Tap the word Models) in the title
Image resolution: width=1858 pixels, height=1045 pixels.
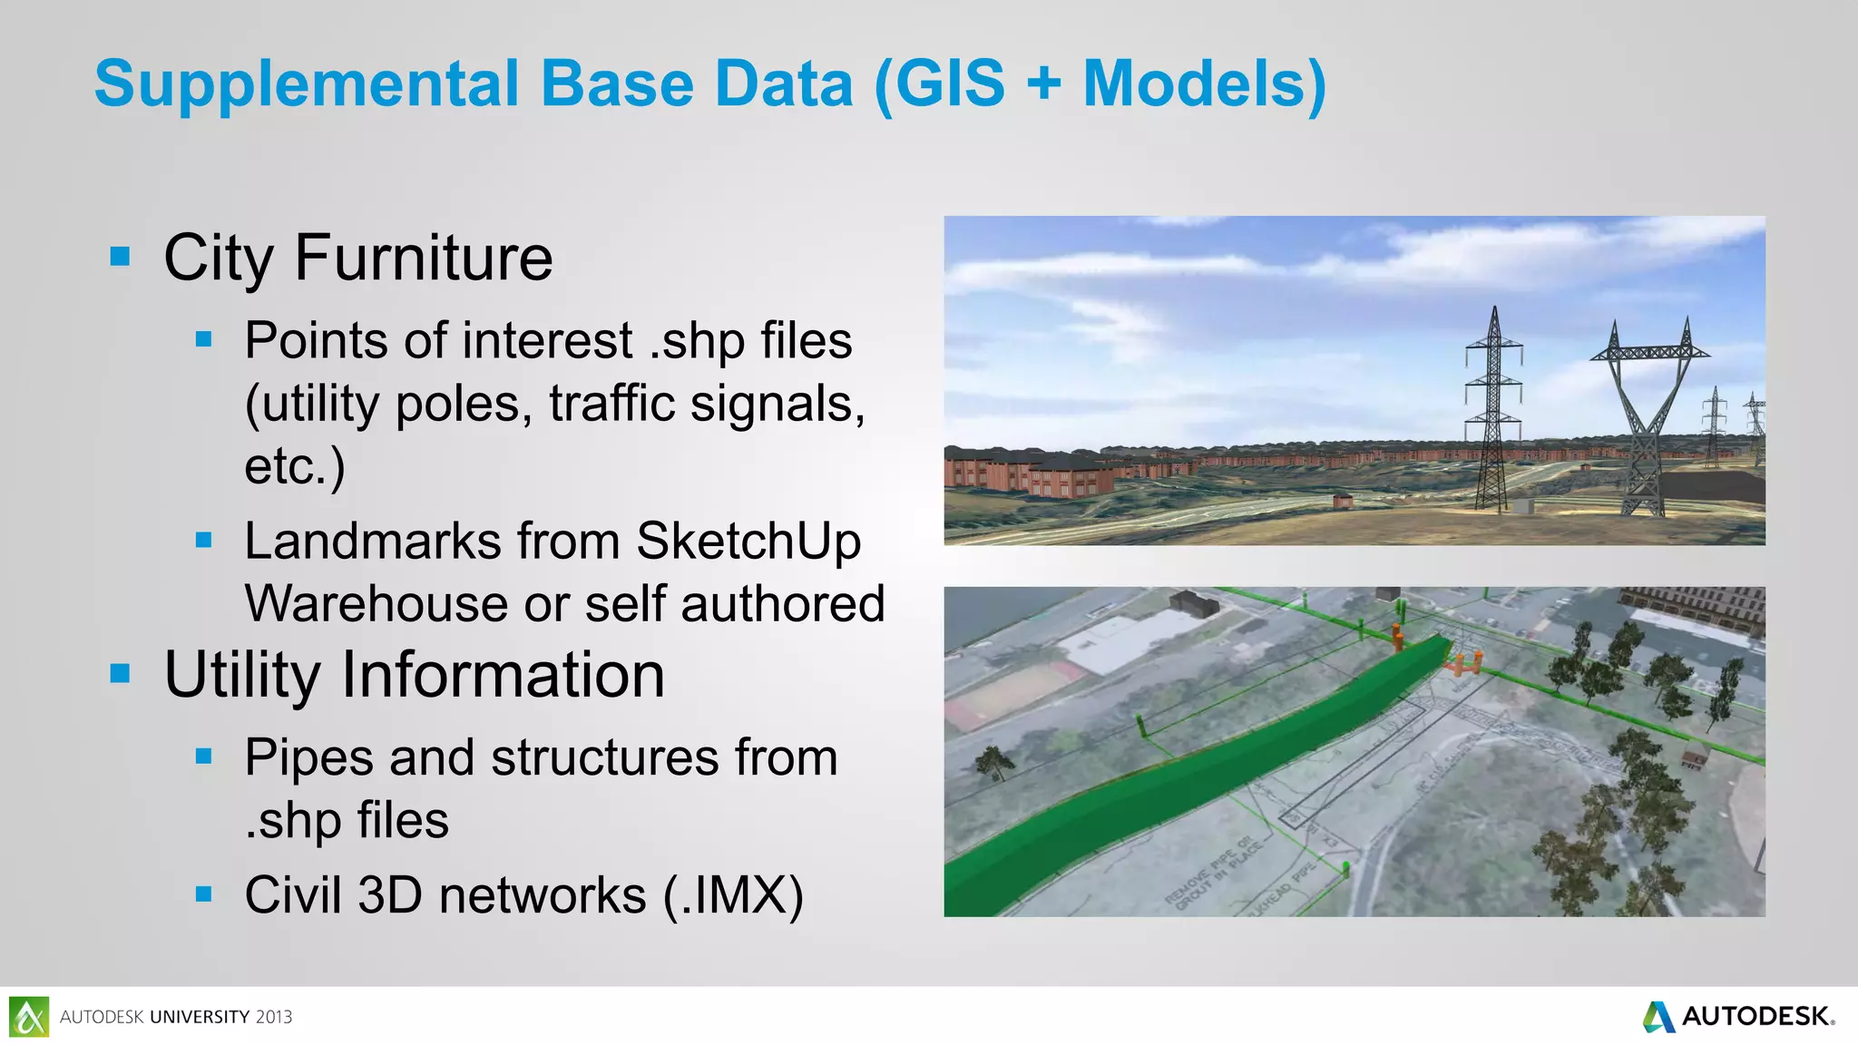click(x=1205, y=84)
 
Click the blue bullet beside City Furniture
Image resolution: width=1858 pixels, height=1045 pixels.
click(x=120, y=257)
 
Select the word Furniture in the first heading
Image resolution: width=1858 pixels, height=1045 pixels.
click(x=423, y=258)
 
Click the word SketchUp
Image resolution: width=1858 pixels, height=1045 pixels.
click(x=748, y=542)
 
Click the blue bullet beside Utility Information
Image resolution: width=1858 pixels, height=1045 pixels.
click(x=120, y=674)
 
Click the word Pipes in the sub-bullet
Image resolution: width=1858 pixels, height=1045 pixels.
click(x=308, y=757)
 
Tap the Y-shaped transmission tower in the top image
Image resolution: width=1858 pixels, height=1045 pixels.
click(x=1648, y=417)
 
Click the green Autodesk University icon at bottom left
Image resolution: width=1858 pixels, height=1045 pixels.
click(x=29, y=1017)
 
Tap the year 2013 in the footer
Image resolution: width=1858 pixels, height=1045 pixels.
click(x=273, y=1017)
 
